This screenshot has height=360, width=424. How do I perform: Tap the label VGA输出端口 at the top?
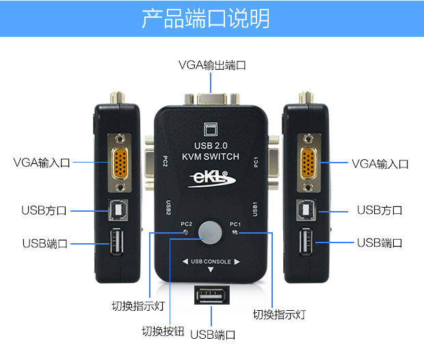(212, 66)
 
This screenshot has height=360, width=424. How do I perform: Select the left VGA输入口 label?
(42, 163)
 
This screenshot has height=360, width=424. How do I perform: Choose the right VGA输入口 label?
(380, 163)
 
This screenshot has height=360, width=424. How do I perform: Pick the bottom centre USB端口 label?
(213, 335)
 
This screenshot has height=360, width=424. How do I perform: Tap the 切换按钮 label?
(163, 331)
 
